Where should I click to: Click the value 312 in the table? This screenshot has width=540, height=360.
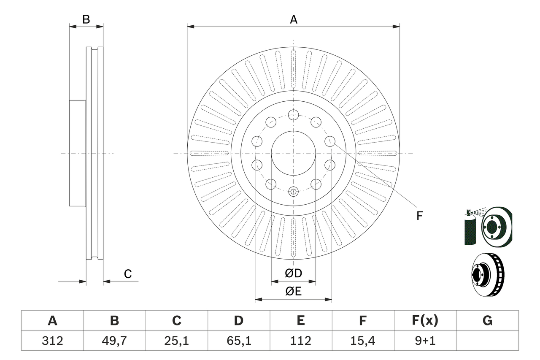tap(52, 341)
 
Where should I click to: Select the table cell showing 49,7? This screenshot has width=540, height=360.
tap(114, 341)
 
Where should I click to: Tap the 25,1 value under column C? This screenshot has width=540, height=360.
tap(176, 341)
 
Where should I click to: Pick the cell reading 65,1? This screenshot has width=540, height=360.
tap(238, 341)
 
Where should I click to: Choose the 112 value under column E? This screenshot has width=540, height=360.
tap(300, 341)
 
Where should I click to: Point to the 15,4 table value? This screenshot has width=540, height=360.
tap(363, 341)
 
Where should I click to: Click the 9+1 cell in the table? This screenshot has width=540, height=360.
tap(425, 341)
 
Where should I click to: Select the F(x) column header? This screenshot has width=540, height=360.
tap(425, 321)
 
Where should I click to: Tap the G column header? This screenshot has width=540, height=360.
tap(487, 321)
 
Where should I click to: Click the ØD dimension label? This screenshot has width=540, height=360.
tap(294, 273)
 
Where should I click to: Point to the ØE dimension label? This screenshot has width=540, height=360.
tap(294, 292)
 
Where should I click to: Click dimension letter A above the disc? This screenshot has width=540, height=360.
tap(294, 19)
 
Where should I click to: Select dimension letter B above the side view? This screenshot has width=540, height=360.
tap(86, 19)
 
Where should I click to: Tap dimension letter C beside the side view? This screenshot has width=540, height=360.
tap(128, 274)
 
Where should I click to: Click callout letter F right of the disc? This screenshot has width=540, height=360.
tap(419, 216)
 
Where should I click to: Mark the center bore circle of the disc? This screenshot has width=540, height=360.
tap(294, 153)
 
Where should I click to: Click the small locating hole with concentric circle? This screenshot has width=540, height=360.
tap(294, 192)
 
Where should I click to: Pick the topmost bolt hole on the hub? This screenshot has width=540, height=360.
tap(294, 114)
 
